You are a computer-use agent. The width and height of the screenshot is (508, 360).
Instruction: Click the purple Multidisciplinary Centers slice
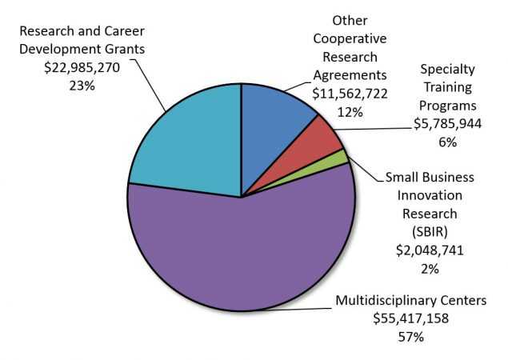[x=240, y=256]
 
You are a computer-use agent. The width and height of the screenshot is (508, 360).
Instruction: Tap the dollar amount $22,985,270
[x=81, y=67]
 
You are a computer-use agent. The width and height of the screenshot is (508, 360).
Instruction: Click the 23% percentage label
[x=82, y=84]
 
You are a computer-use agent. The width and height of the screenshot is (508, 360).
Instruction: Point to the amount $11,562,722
[x=348, y=93]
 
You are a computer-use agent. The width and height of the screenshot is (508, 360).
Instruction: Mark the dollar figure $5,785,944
[x=447, y=124]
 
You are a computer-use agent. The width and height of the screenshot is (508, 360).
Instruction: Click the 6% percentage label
[x=447, y=142]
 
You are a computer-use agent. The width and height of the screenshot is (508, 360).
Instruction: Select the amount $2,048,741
[x=430, y=250]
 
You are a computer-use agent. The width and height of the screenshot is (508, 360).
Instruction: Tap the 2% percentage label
[x=430, y=269]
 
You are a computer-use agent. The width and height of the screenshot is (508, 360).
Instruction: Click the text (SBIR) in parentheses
[x=430, y=232]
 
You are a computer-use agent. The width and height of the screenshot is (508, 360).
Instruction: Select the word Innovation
[x=430, y=195]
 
